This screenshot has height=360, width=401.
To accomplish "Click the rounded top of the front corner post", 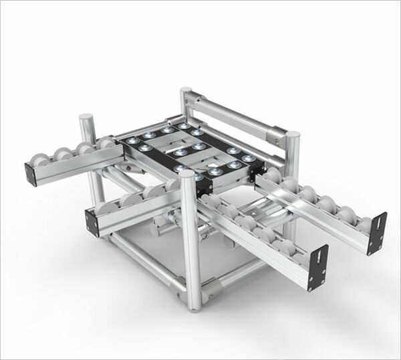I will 186,176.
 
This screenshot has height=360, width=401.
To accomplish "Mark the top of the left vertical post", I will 86,118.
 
